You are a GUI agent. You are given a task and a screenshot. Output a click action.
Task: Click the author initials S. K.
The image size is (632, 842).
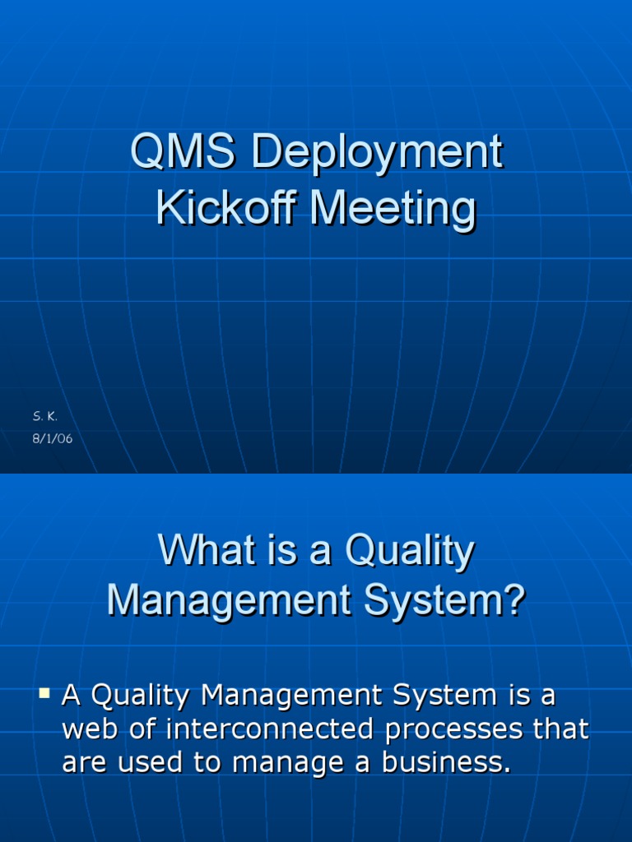[x=44, y=418]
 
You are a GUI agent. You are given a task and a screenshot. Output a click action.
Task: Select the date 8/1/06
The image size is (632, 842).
[x=53, y=439]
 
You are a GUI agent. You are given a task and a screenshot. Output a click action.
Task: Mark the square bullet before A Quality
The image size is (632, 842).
[x=45, y=695]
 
